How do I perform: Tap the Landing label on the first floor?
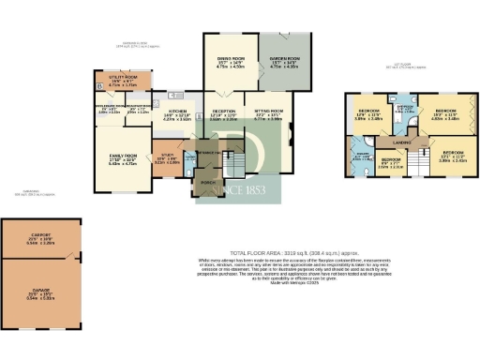coord(404,142)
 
